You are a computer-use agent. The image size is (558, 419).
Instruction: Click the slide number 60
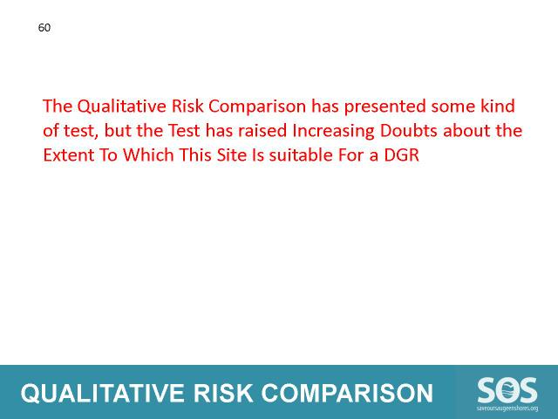pos(44,28)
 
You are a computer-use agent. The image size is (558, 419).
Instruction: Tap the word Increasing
pos(333,132)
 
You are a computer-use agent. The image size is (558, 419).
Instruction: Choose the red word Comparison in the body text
pos(257,106)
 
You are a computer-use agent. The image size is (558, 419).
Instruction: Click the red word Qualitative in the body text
pos(121,106)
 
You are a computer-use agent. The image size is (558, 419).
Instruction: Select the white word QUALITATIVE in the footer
pos(103,394)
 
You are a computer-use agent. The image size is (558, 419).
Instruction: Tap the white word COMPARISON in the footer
pos(347,394)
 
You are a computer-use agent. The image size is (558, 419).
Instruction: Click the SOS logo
pos(507,391)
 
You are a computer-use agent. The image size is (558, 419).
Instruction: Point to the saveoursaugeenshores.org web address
pos(507,409)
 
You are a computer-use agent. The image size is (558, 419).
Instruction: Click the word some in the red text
pos(453,106)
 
